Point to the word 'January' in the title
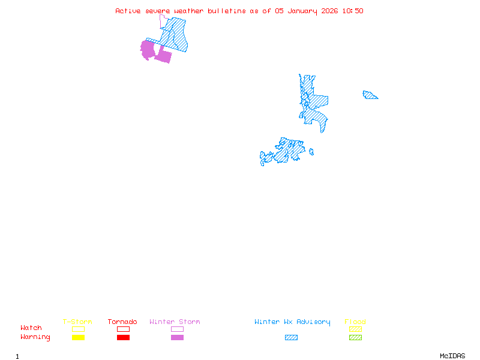(x=301, y=11)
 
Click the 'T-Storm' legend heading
(x=77, y=322)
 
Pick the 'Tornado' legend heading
(x=122, y=322)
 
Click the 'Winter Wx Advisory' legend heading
(x=292, y=322)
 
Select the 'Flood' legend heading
(x=355, y=322)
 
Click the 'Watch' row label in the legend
(x=31, y=328)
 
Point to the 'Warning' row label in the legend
(x=35, y=337)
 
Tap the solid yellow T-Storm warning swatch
(x=78, y=338)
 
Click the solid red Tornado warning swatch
(x=123, y=338)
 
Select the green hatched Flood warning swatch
(x=355, y=338)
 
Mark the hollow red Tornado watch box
(x=123, y=329)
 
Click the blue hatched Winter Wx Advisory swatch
(x=291, y=338)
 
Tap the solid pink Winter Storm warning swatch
(x=177, y=338)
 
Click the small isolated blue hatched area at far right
(x=370, y=95)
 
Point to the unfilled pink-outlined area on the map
(x=164, y=22)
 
